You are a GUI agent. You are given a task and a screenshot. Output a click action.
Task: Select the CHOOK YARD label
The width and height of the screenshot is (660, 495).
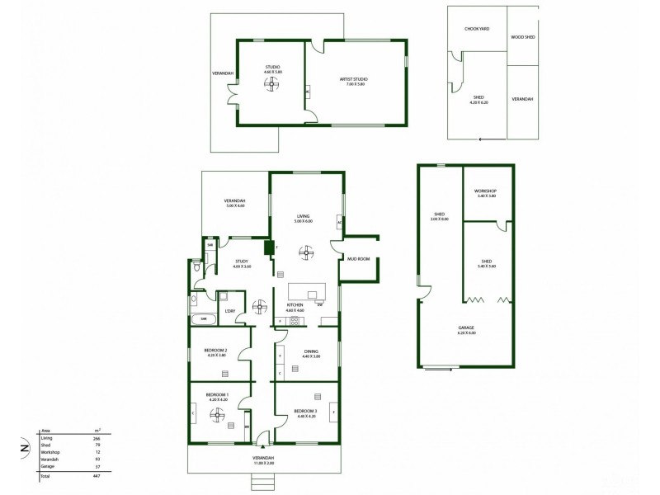tap(478, 29)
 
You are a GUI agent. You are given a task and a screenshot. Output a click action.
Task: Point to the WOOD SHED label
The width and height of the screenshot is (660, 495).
tap(522, 37)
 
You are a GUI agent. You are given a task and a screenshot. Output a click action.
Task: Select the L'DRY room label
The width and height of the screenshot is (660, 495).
tap(231, 311)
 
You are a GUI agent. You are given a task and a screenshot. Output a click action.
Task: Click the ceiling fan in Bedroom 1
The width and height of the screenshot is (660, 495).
tap(218, 417)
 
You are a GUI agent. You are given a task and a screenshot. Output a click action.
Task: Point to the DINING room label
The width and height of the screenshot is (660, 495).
tap(311, 351)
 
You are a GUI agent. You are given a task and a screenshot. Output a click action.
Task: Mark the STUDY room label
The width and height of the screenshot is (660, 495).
tap(242, 262)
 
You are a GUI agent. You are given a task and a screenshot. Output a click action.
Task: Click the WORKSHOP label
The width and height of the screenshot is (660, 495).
tap(485, 191)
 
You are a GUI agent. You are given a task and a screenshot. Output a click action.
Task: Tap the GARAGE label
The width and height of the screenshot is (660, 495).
tap(467, 328)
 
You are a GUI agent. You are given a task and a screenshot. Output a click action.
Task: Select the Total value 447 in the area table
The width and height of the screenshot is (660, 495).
tap(97, 476)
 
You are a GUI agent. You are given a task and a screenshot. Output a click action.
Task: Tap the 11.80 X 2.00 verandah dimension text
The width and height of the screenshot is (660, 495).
tap(265, 464)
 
